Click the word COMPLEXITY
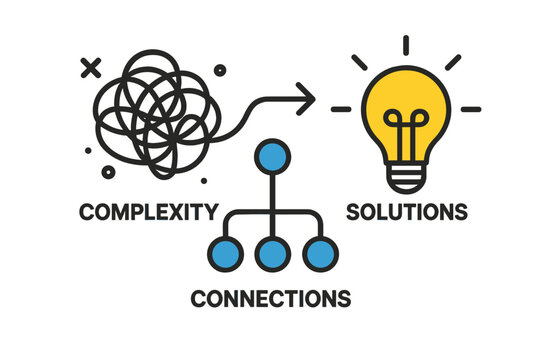click(148, 212)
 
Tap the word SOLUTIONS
click(406, 212)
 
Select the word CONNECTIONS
click(270, 298)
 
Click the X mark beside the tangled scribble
click(91, 69)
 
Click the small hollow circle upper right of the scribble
click(220, 70)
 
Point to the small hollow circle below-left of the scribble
click(91, 152)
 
